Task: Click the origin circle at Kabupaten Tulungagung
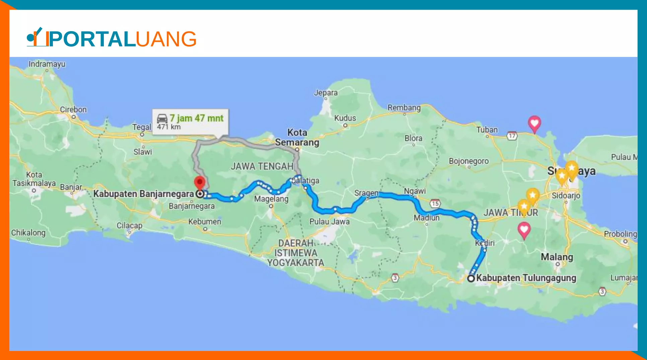(471, 278)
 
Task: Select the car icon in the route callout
(162, 118)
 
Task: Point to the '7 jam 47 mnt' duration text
(196, 118)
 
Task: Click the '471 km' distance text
(169, 127)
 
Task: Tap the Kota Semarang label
(297, 137)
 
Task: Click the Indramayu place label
(47, 64)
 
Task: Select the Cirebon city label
(73, 110)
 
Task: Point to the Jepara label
(326, 93)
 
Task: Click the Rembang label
(404, 107)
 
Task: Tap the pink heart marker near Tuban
(534, 123)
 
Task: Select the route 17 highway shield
(512, 136)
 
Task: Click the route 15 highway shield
(435, 203)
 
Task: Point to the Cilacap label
(129, 225)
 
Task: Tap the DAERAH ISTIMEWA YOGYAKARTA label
(296, 253)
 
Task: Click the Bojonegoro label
(469, 161)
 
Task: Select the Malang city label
(557, 257)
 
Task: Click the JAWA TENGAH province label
(262, 166)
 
